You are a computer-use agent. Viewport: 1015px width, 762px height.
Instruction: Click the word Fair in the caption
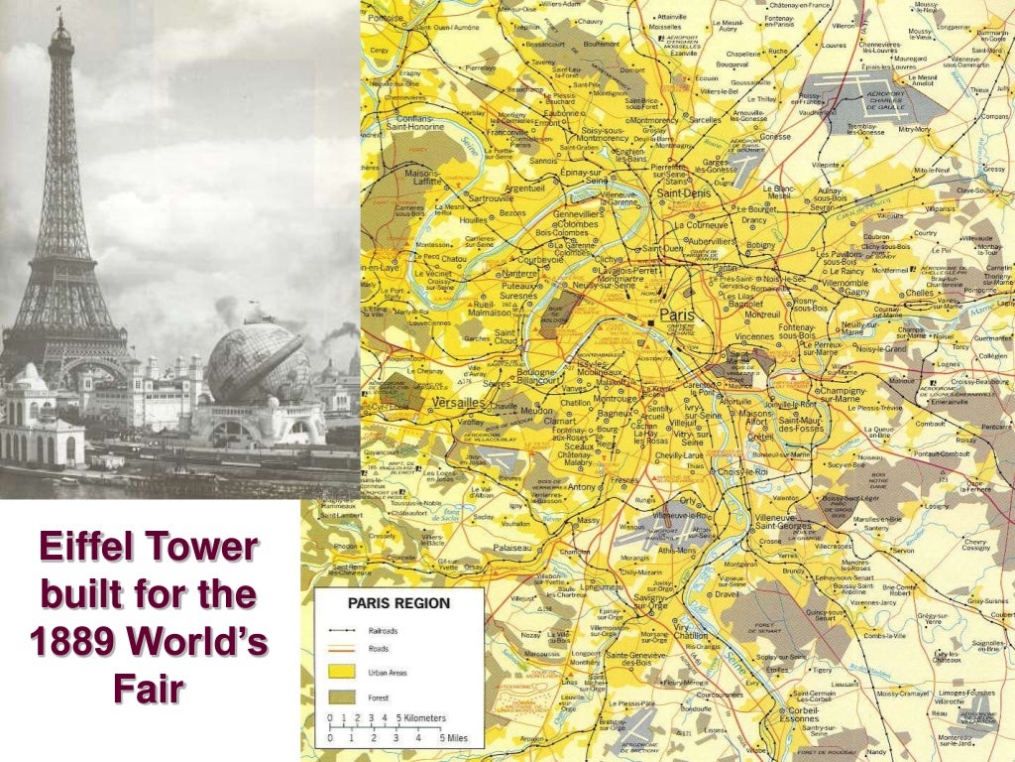tap(149, 688)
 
